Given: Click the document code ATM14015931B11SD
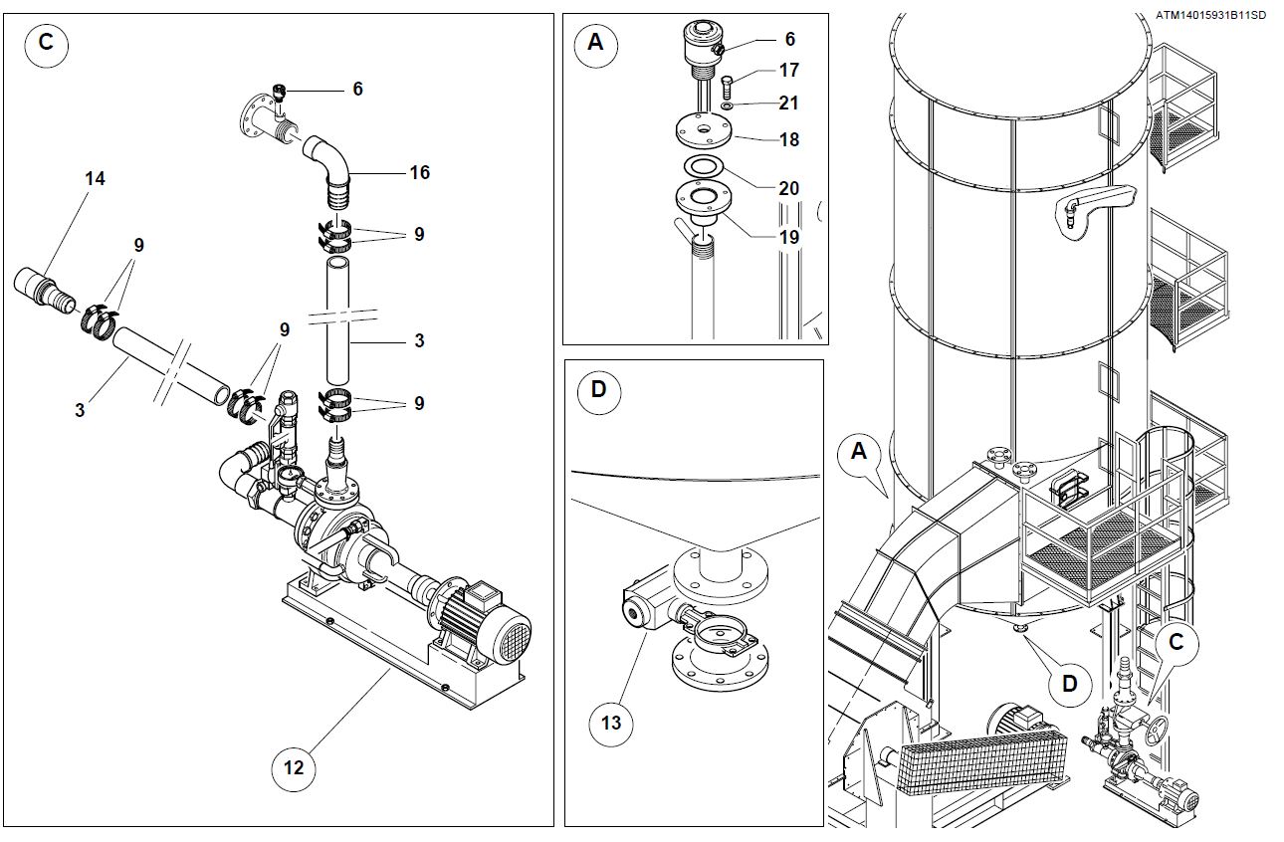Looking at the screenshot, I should click(1210, 15).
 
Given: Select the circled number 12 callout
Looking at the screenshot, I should click(295, 767).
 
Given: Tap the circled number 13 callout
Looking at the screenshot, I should click(611, 721).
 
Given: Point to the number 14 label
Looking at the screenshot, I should click(95, 179).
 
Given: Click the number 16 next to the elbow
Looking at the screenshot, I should click(419, 173).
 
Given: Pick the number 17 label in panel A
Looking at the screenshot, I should click(789, 71).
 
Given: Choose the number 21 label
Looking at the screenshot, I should click(789, 103).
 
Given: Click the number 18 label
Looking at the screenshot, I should click(789, 139).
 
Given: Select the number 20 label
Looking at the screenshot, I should click(789, 188).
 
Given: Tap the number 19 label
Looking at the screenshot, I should click(789, 237).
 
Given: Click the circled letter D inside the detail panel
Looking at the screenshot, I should click(598, 388).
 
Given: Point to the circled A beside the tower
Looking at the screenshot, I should click(858, 452).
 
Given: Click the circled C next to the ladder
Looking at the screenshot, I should click(1176, 643).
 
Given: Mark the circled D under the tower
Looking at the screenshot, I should click(1069, 684).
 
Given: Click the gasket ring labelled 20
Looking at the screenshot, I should click(704, 166).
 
